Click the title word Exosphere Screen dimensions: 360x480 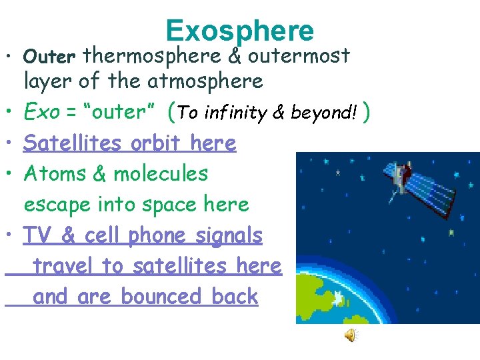point(239,30)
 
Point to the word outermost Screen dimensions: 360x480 point(299,56)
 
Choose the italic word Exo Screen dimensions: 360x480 point(41,112)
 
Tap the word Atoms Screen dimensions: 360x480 point(49,174)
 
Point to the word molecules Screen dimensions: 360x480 point(161,174)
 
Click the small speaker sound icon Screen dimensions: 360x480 point(351,336)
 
